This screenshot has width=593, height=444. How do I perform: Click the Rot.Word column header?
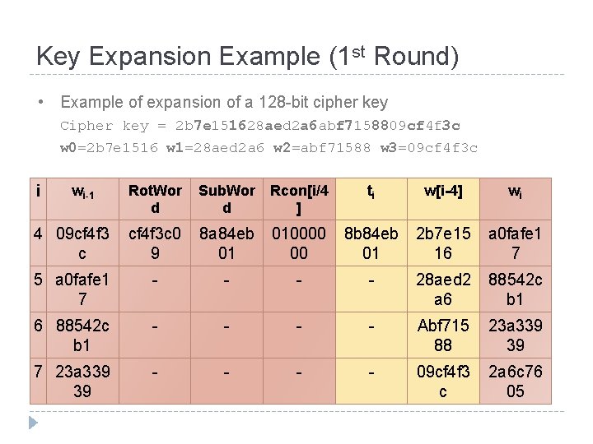coord(155,199)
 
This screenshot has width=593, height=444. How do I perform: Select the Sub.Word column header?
coord(226,199)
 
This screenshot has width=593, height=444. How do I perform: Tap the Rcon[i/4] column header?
coord(299,199)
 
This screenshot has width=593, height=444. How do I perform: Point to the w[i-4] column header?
coord(443,192)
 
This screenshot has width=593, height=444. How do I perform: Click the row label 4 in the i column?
coord(38,234)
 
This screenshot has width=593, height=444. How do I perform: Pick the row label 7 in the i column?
coord(38,372)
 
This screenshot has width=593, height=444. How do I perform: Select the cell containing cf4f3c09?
coord(155,243)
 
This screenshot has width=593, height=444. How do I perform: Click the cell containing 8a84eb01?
coord(226,243)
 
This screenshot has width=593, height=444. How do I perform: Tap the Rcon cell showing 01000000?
coord(299,243)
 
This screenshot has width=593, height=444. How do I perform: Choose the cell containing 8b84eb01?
coord(371,243)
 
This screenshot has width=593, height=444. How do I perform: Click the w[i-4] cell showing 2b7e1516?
coord(443,243)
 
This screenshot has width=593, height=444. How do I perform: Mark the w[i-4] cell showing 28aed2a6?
coord(443,289)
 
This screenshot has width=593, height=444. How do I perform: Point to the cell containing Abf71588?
coord(443,335)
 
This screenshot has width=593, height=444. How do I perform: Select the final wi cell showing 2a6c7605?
coord(515,382)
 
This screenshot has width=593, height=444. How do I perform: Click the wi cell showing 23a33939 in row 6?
coord(515,335)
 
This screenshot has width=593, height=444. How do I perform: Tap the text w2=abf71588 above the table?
coord(328,148)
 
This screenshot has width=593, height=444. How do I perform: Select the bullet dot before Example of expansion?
coord(40,103)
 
